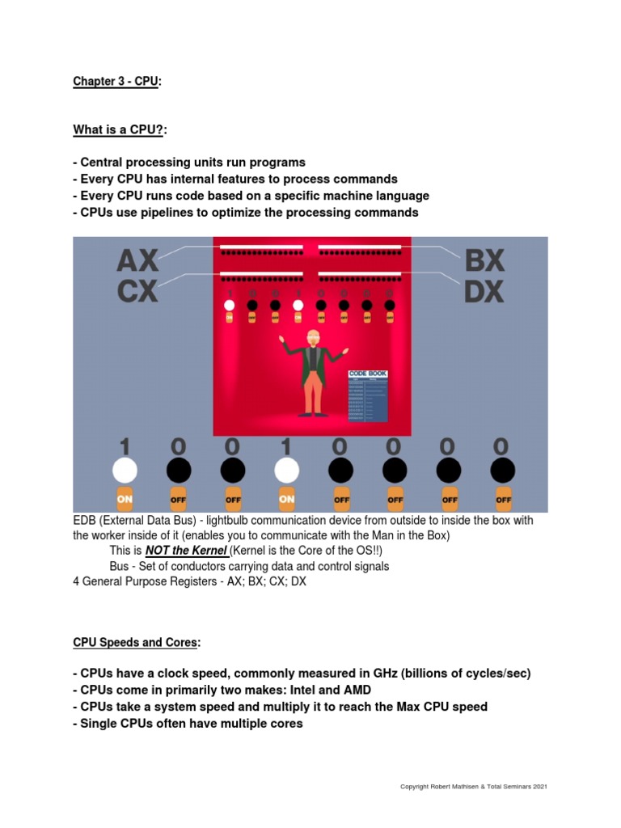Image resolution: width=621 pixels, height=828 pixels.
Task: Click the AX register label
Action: pyautogui.click(x=137, y=261)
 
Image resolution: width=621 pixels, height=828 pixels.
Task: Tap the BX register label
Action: pyautogui.click(x=484, y=260)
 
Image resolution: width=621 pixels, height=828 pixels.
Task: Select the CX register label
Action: pyautogui.click(x=137, y=290)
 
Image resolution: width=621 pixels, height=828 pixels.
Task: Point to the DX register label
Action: pyautogui.click(x=484, y=290)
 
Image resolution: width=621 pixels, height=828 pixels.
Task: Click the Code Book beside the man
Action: pyautogui.click(x=368, y=395)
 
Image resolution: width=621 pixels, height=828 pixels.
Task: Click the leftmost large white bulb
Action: pyautogui.click(x=125, y=470)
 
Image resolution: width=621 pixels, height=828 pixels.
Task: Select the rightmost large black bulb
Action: pyautogui.click(x=502, y=470)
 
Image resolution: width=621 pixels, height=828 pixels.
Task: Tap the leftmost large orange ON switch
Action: pyautogui.click(x=125, y=499)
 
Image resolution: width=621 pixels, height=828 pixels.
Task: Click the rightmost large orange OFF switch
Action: pyautogui.click(x=502, y=499)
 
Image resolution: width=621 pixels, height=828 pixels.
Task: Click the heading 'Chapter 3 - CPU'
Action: pyautogui.click(x=116, y=82)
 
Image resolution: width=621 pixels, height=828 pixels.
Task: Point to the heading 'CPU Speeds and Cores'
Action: pyautogui.click(x=135, y=642)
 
